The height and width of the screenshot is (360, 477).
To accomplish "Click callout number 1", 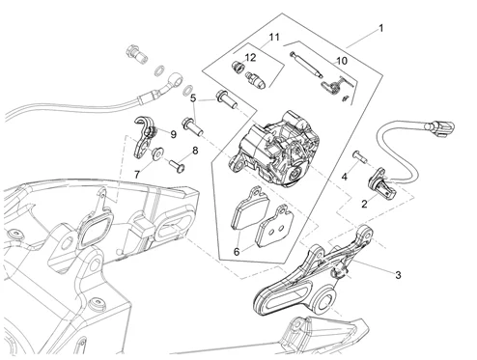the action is tap(381, 28).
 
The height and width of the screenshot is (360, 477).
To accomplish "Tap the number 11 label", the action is tap(274, 37).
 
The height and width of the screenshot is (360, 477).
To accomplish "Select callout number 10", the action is tap(342, 61).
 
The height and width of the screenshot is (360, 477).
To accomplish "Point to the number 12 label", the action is tap(250, 58).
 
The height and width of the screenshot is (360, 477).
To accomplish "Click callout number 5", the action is tap(193, 98).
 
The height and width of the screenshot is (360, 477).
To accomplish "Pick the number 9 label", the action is tap(174, 134).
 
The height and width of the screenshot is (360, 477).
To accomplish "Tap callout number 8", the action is tap(195, 151).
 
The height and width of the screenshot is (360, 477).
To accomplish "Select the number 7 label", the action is tap(137, 175).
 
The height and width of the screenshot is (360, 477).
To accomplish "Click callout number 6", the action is tap(237, 252).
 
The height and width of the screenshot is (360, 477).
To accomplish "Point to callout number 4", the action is tap(345, 177).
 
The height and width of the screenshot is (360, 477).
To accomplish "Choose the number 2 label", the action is tap(364, 204).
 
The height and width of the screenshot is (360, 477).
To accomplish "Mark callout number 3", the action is tap(398, 275).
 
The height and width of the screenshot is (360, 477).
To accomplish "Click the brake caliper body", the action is tap(274, 149).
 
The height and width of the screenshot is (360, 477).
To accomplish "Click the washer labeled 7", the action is tap(157, 152).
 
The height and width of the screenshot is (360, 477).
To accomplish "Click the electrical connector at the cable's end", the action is tap(440, 127).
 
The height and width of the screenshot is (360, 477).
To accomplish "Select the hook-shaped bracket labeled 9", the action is tap(143, 137).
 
